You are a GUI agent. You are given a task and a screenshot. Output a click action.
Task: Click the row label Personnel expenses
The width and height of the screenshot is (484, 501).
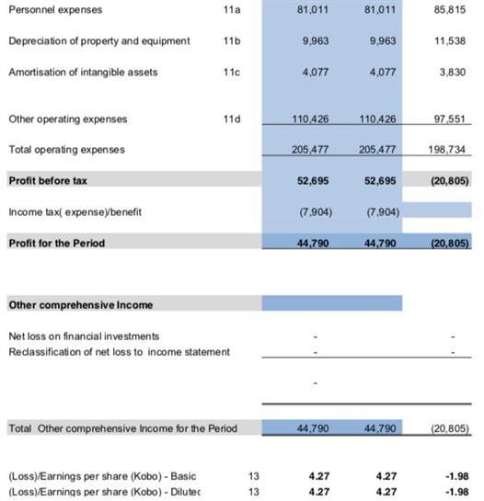55,10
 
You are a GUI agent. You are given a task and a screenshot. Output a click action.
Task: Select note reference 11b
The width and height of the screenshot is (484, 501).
232,40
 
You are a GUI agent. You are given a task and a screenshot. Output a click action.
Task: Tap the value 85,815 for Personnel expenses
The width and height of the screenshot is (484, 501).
449,9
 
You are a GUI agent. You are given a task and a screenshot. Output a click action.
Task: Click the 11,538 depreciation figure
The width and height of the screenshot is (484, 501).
449,40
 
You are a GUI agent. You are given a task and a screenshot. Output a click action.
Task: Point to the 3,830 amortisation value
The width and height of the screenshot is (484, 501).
453,73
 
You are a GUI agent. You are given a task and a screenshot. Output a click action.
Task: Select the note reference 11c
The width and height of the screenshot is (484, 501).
232,73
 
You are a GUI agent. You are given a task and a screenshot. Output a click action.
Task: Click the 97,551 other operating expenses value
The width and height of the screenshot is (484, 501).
449,120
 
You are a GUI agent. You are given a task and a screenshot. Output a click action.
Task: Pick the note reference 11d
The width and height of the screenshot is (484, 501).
232,120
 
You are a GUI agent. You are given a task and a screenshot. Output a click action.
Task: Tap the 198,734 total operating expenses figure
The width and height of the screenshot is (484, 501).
446,150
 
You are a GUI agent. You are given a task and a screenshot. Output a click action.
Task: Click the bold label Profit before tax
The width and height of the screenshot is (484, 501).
48,181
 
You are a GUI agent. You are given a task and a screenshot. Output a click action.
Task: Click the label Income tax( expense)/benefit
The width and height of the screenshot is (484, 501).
75,212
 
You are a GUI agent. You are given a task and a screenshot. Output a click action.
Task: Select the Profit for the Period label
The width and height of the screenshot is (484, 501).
57,244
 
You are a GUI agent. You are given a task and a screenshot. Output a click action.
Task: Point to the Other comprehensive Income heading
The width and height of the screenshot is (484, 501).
81,305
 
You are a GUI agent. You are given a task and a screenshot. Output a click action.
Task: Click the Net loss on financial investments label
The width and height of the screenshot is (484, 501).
84,336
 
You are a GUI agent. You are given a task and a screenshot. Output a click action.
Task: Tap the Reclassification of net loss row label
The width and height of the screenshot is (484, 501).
119,352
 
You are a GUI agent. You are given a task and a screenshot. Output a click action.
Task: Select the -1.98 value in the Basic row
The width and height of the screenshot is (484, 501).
457,476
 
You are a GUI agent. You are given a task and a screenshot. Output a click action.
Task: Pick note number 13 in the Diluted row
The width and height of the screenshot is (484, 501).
254,492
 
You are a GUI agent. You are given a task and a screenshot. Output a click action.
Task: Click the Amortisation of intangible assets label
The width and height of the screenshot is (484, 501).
83,73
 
